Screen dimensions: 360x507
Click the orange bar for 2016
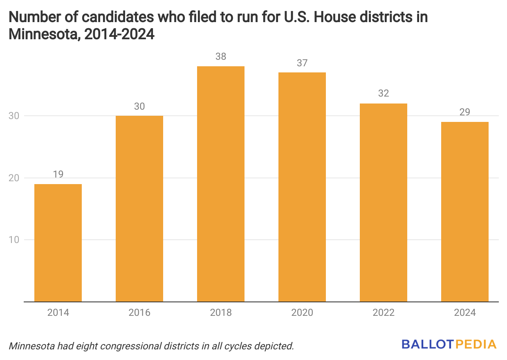click(x=139, y=209)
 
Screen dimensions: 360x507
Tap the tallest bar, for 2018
click(x=221, y=184)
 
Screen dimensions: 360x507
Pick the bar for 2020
click(x=302, y=187)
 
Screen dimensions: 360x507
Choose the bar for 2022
click(x=384, y=202)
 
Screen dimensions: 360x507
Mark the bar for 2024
click(x=465, y=211)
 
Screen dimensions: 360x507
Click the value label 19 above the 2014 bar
click(x=58, y=174)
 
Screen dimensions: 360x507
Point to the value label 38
click(x=221, y=56)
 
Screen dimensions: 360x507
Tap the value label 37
click(x=302, y=63)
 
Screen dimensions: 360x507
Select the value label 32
click(x=384, y=94)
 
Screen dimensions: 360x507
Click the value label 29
click(x=465, y=112)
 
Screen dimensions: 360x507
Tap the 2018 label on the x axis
click(x=221, y=313)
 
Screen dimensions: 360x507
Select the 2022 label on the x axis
click(x=384, y=313)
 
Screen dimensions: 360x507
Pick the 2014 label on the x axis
click(x=58, y=313)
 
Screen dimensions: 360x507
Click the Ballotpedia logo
click(x=449, y=344)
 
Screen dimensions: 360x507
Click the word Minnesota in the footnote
click(x=32, y=346)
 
